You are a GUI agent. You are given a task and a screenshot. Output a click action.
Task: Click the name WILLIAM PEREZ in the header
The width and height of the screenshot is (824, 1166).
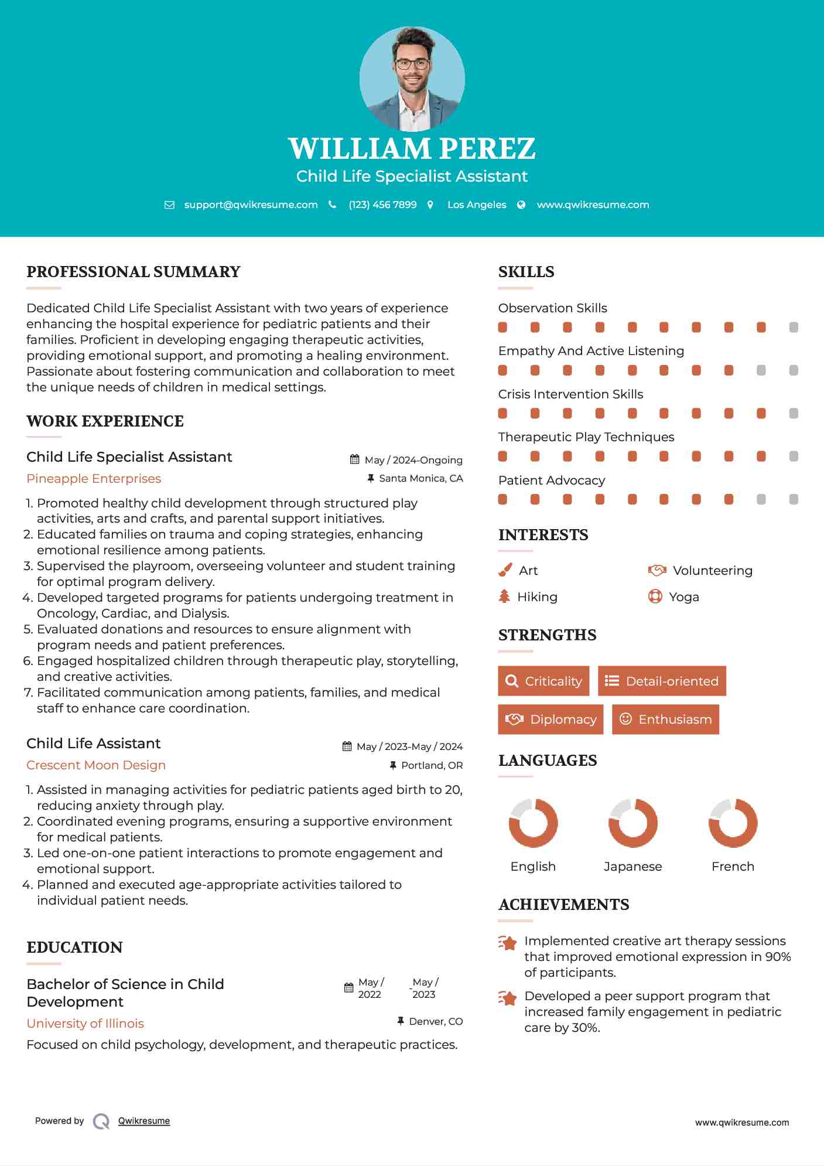(412, 148)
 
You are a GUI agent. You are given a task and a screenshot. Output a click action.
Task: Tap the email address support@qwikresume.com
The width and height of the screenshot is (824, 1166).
(251, 205)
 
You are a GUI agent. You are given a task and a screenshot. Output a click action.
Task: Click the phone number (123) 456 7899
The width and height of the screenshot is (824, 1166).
(382, 205)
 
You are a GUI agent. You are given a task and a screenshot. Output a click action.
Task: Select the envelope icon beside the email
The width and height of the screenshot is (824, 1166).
(169, 205)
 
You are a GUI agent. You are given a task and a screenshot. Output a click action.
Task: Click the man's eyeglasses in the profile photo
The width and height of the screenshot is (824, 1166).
(412, 64)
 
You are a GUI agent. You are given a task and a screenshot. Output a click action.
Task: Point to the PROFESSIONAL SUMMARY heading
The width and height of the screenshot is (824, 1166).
(134, 272)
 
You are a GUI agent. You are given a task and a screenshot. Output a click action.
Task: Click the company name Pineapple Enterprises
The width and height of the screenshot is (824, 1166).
(94, 479)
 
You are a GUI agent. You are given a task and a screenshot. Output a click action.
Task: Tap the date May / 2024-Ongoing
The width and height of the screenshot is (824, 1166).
(413, 461)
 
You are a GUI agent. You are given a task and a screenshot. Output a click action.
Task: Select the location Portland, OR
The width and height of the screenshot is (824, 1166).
(432, 765)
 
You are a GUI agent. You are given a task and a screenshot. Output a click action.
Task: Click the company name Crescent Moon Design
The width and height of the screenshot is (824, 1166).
(96, 765)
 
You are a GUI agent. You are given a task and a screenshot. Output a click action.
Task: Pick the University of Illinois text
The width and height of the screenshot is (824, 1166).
(86, 1024)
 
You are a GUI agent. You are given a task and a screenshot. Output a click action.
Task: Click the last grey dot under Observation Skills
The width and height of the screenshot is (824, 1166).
(794, 328)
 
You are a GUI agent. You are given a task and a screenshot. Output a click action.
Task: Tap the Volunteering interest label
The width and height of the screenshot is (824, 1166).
(712, 571)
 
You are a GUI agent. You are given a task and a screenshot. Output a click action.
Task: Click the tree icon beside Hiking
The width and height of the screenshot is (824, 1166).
(504, 596)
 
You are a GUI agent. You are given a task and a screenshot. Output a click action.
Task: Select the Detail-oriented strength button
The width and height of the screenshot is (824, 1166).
(662, 681)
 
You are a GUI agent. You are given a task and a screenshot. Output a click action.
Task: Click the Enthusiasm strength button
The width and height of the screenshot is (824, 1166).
(665, 720)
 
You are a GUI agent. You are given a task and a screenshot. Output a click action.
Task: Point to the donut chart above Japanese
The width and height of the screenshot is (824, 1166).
(632, 823)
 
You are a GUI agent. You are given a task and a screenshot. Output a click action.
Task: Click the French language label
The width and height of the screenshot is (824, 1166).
(733, 867)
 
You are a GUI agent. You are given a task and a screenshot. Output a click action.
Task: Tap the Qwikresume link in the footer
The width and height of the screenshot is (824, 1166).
(144, 1121)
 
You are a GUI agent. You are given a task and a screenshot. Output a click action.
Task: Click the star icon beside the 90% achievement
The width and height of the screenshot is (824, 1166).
(507, 943)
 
